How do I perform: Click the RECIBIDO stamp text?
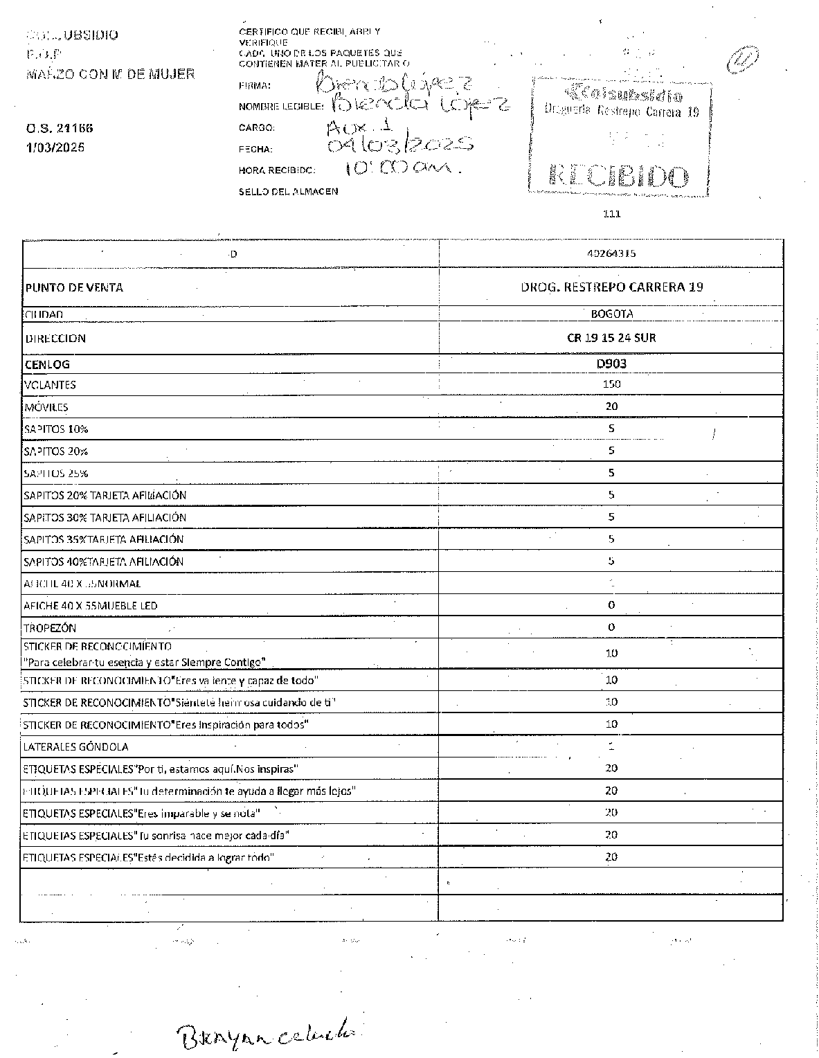(618, 176)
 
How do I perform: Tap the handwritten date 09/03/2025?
(400, 144)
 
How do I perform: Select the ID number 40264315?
(611, 253)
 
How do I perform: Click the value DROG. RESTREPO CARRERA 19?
(611, 287)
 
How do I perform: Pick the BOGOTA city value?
(611, 314)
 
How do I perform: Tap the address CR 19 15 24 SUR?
(611, 338)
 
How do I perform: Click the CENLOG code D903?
(611, 363)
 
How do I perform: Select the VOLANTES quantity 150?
(611, 384)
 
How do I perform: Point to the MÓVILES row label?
(46, 407)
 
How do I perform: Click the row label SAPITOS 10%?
(56, 429)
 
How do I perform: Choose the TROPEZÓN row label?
(50, 628)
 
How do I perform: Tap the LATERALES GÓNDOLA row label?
(75, 747)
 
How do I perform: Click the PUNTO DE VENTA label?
(74, 287)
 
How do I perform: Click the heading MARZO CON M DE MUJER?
(110, 74)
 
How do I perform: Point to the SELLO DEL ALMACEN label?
(288, 191)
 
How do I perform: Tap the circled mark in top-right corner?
(742, 61)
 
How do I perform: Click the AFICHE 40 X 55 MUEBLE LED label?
(91, 606)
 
